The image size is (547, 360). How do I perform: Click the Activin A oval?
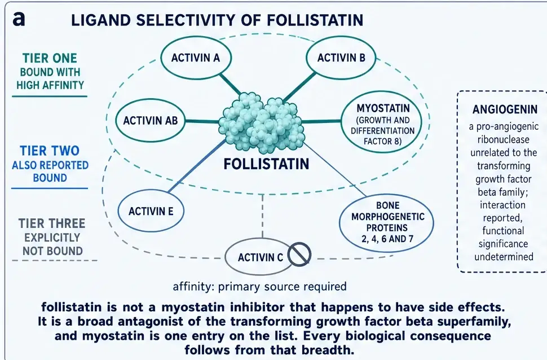coord(196,58)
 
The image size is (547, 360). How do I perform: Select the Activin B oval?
coord(341,58)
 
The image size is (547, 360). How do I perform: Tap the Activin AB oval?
coord(150,121)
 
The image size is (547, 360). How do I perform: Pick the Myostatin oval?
coord(382,122)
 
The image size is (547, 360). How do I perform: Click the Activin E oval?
coord(151,211)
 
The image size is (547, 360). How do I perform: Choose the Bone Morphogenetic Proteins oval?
coord(386,222)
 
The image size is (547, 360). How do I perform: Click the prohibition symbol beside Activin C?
coord(299,254)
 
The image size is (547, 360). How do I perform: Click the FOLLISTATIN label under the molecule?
coord(266,164)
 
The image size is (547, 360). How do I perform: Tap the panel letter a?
coord(19,19)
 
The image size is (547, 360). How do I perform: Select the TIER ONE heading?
coord(50,58)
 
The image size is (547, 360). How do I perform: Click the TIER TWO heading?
coord(50,151)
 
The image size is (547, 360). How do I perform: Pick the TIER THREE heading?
coord(52,223)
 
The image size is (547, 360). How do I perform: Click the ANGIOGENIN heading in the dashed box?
coord(505,109)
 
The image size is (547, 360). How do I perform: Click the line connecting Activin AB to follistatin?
coord(202,121)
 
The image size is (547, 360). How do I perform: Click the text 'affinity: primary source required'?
coord(259,287)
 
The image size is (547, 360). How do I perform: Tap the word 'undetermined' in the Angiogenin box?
coord(504,257)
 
